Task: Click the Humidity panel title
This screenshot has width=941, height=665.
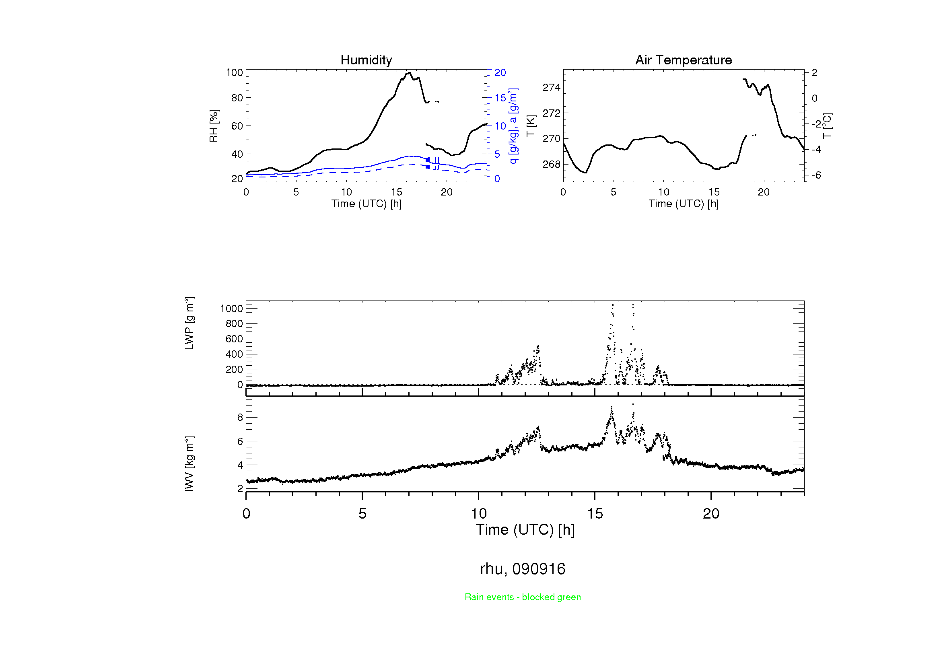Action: [x=366, y=60]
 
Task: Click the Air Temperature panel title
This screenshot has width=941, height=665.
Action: [x=683, y=60]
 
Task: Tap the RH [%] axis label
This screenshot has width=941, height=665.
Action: [x=214, y=126]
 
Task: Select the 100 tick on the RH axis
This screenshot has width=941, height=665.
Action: [x=235, y=72]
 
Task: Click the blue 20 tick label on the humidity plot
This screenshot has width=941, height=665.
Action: [x=500, y=72]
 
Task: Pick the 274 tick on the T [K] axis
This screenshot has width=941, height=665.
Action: [x=551, y=87]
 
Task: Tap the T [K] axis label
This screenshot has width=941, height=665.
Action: [x=531, y=126]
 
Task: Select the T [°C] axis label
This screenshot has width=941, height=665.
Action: [x=828, y=126]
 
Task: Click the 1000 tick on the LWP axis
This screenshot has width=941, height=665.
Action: [x=232, y=309]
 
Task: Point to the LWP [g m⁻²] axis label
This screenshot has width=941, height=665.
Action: [x=189, y=323]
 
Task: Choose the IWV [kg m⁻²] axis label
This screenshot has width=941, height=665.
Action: [x=189, y=463]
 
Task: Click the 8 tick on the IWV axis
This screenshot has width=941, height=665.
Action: [x=240, y=417]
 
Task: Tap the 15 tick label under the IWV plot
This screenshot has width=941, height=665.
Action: [x=595, y=514]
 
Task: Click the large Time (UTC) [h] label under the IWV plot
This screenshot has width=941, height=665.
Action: [x=525, y=530]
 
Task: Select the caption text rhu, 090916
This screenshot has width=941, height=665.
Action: [x=523, y=569]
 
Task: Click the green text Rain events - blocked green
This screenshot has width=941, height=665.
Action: [x=523, y=597]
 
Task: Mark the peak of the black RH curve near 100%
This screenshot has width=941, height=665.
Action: [x=409, y=73]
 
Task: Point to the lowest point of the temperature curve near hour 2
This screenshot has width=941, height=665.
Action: [x=586, y=173]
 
